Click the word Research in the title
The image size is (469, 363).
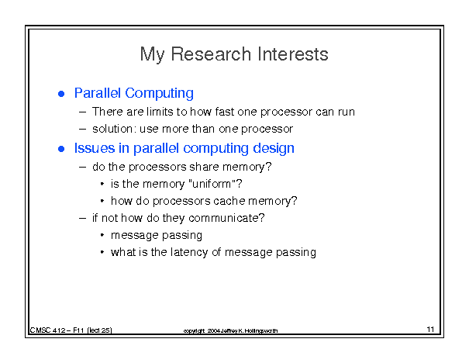click(211, 54)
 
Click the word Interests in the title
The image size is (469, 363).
click(293, 54)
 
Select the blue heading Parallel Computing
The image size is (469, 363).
click(133, 93)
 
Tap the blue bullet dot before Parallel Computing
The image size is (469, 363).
click(61, 94)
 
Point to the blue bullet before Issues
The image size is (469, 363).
click(61, 149)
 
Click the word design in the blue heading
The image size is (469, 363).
click(274, 148)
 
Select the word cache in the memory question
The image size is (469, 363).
click(229, 201)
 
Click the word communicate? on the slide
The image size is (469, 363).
click(226, 218)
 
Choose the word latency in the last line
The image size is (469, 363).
click(189, 252)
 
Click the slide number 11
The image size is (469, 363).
click(430, 329)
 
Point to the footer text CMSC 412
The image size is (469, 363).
click(47, 330)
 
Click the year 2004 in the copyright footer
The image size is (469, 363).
click(213, 330)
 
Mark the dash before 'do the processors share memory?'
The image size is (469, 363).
click(82, 167)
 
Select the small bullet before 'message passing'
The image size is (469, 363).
click(102, 235)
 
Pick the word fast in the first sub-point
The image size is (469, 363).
click(224, 112)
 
